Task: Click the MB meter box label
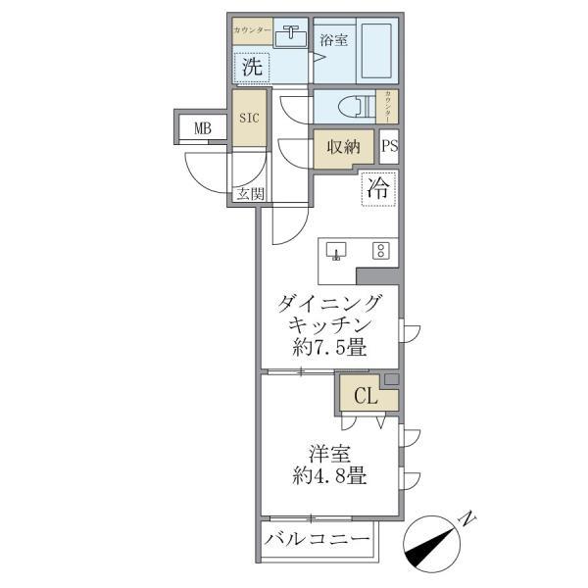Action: pos(202,127)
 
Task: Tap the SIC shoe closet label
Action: pos(249,118)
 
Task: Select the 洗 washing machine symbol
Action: pos(252,68)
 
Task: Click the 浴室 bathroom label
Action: pos(333,40)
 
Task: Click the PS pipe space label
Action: pos(389,147)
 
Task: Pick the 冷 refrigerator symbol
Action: pos(377,189)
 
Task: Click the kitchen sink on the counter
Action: pos(336,250)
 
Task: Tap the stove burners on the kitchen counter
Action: pos(379,250)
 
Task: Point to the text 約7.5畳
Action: pos(329,347)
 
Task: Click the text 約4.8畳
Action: pos(329,477)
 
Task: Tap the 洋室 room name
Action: pos(329,454)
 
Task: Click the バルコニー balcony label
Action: pos(318,540)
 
